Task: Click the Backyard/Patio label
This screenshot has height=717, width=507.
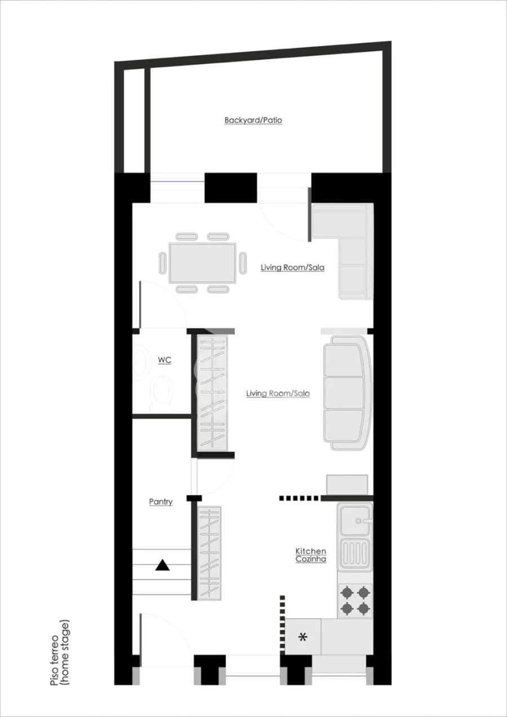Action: click(253, 121)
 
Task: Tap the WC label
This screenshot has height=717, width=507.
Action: click(164, 360)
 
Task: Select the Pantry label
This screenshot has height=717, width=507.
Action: click(161, 502)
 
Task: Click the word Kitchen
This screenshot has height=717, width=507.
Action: click(310, 551)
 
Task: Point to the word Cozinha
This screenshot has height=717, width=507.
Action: click(310, 559)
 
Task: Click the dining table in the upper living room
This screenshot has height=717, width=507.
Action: click(203, 263)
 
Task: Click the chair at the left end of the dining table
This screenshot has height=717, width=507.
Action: click(163, 263)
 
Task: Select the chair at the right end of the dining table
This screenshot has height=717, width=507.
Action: click(243, 263)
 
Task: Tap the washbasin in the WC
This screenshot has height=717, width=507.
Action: click(140, 362)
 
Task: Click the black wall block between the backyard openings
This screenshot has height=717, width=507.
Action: click(230, 188)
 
